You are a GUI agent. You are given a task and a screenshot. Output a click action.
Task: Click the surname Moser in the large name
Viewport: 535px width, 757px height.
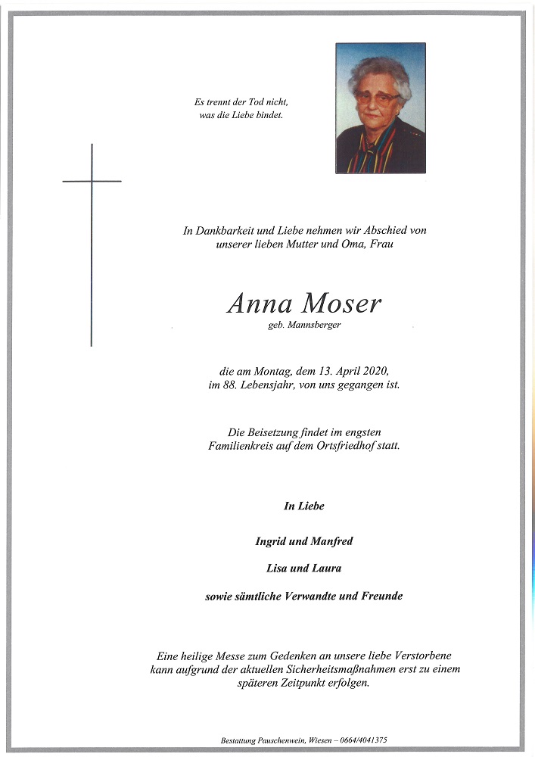(341, 304)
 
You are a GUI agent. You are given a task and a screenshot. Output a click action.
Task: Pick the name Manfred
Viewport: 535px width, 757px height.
(334, 541)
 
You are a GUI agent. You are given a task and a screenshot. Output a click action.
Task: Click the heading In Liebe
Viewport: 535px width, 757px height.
(304, 506)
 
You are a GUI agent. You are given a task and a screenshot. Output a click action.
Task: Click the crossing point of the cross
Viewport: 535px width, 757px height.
(92, 182)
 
